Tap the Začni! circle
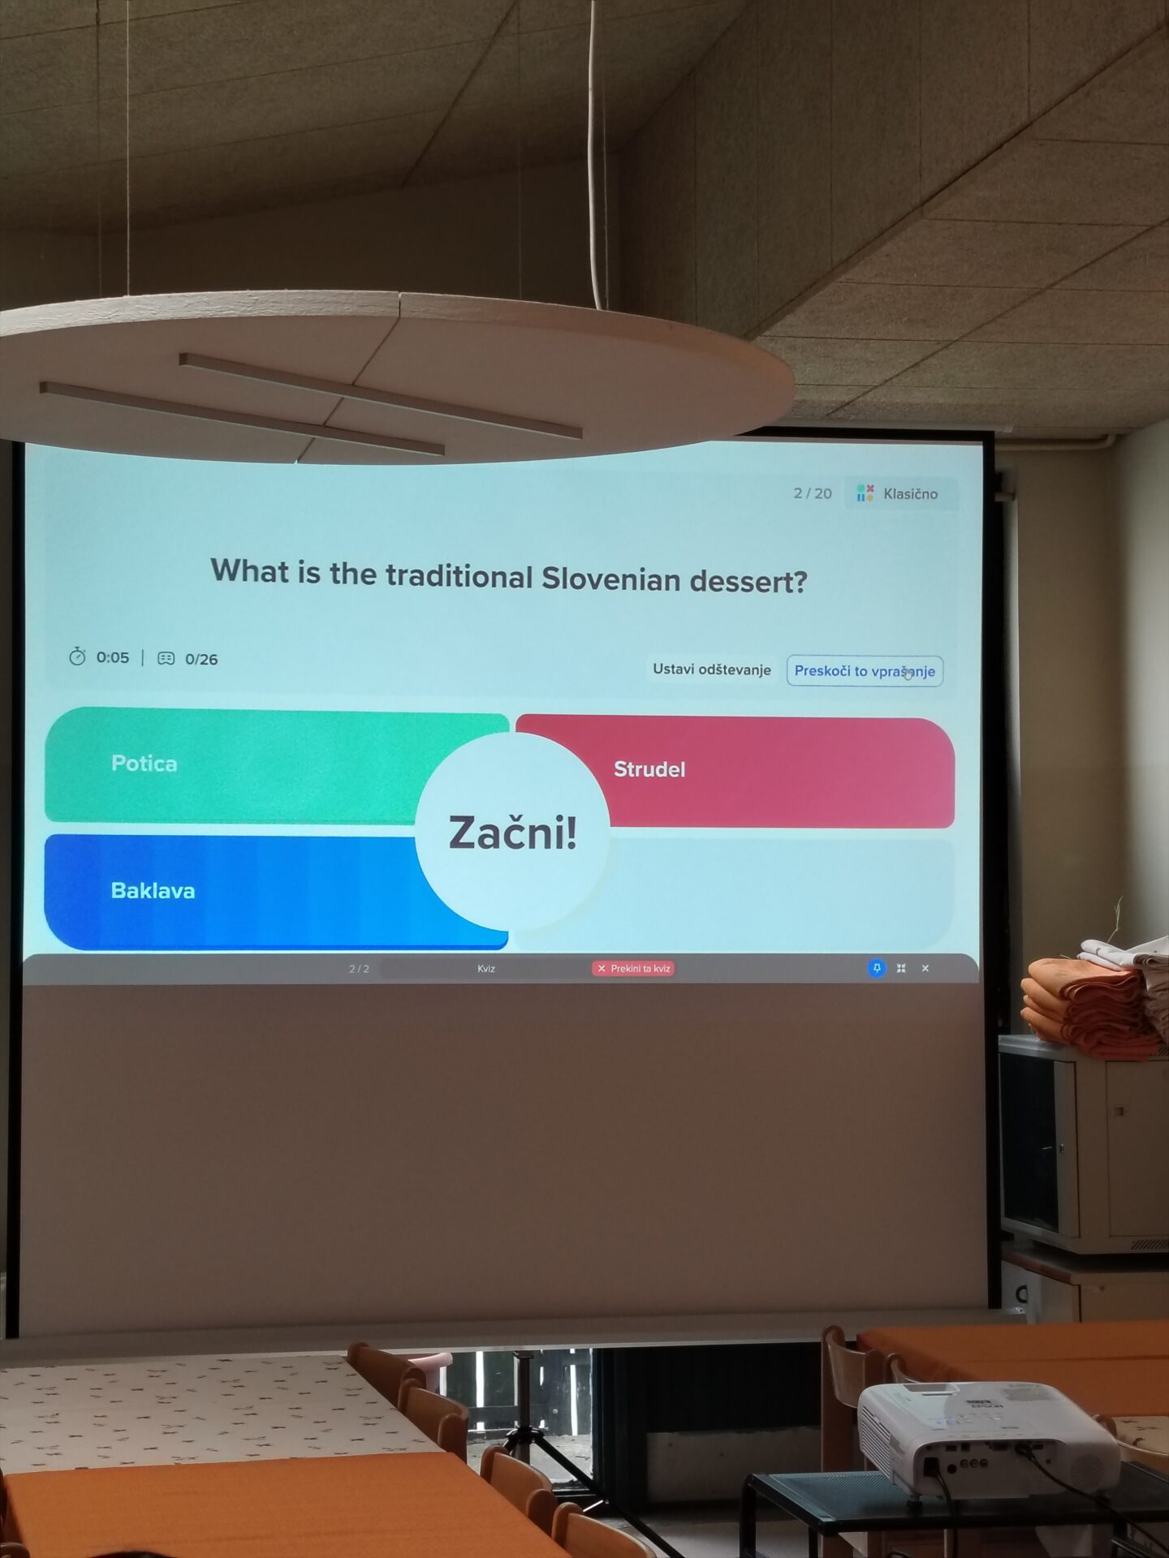[512, 833]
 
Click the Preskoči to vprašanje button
[865, 671]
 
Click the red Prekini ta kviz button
[633, 968]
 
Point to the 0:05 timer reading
[113, 657]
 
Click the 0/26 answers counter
[201, 660]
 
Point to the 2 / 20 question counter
[813, 493]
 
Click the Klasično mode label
[910, 493]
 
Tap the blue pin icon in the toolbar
[877, 968]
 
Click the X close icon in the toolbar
[925, 968]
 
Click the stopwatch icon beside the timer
[77, 656]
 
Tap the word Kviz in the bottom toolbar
[486, 968]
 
